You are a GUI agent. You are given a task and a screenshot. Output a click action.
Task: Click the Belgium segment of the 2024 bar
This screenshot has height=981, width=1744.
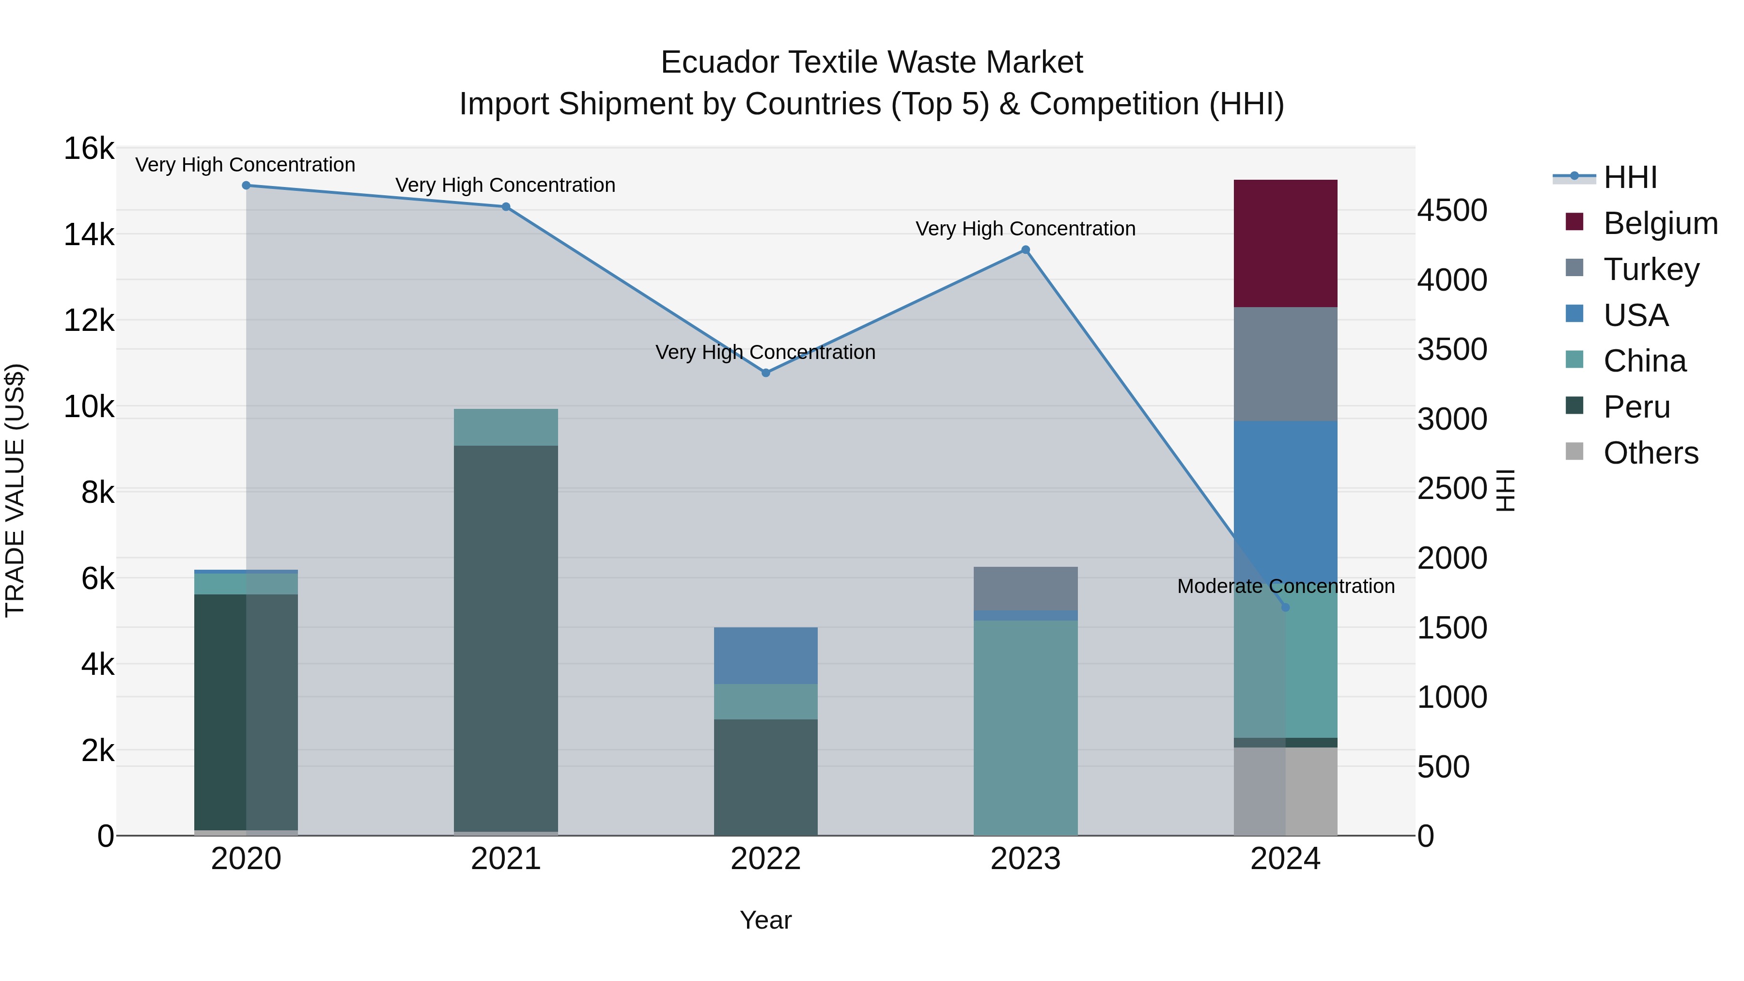click(1285, 244)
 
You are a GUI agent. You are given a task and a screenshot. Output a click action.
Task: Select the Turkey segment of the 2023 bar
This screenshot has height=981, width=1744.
click(1025, 588)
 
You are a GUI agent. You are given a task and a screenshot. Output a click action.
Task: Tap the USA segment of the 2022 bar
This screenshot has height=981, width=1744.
click(766, 655)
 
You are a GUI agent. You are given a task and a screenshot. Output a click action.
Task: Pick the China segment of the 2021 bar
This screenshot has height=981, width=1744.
click(506, 427)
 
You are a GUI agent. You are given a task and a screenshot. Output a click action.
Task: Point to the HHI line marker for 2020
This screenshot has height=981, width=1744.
click(247, 186)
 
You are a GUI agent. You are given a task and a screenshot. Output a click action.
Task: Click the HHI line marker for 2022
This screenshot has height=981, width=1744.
click(766, 373)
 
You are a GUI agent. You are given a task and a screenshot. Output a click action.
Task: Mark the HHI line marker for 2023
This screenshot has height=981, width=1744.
click(1025, 250)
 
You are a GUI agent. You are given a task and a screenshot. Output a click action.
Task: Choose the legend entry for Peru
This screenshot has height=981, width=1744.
click(1636, 407)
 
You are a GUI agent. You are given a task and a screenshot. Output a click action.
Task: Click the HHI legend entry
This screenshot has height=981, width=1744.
click(1630, 177)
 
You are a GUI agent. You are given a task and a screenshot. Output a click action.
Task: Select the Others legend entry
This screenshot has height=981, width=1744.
click(1650, 453)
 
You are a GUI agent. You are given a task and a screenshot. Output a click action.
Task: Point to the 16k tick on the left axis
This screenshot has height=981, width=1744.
click(89, 148)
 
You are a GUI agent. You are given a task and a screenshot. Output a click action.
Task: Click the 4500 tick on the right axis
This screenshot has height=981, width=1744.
click(1452, 211)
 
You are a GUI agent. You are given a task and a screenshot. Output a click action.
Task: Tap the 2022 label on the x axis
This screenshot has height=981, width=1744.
click(766, 859)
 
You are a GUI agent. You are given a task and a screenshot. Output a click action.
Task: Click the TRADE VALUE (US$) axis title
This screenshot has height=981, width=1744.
click(15, 490)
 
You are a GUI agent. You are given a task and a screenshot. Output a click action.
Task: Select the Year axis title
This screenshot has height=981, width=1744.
click(766, 920)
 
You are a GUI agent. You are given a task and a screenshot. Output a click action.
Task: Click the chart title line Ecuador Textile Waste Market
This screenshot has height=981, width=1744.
click(872, 62)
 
